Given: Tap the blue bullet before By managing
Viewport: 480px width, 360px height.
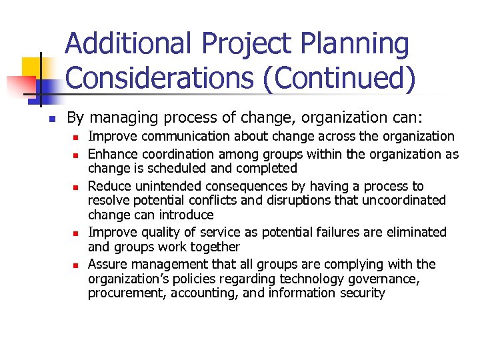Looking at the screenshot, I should tap(51, 119).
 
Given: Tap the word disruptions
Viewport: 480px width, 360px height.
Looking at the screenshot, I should tap(306, 200).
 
